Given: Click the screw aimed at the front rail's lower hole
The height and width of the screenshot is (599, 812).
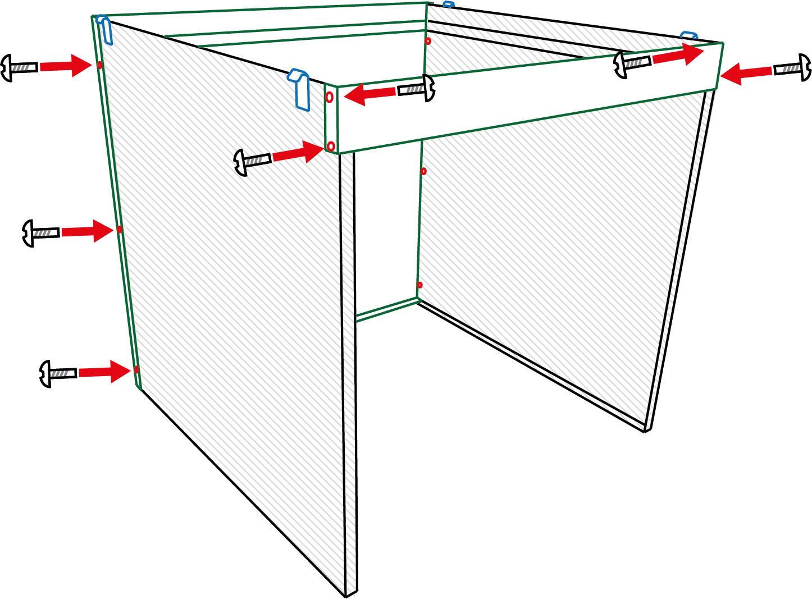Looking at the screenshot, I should [252, 162].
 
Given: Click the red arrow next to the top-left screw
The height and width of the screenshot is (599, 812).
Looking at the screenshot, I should [66, 65].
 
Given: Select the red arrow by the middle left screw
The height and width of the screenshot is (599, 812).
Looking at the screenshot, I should [88, 231].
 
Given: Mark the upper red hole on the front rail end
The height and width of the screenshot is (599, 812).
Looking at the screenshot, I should [330, 97].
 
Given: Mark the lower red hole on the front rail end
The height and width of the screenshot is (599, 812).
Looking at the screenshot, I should [331, 147].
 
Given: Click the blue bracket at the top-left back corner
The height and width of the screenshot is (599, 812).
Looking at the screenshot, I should [105, 29].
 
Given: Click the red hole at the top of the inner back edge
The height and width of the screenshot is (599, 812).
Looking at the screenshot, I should [428, 41].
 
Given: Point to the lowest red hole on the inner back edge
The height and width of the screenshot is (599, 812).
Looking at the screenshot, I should [419, 285].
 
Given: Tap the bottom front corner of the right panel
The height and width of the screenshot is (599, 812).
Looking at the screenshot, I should [646, 429].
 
